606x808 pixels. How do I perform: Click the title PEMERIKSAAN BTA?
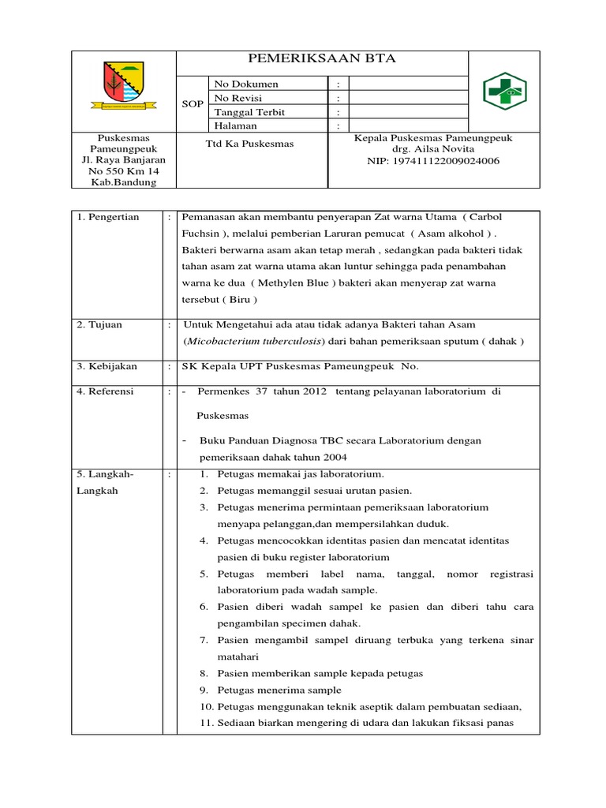[x=322, y=59]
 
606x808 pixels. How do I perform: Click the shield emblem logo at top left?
[x=123, y=87]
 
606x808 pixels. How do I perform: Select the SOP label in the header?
[x=193, y=105]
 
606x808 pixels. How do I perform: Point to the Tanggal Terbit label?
[x=249, y=112]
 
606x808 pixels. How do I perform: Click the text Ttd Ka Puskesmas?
[x=250, y=144]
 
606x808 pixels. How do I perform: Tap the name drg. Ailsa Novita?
[x=433, y=149]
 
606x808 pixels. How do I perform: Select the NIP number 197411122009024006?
[x=433, y=161]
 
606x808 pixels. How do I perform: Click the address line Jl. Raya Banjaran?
[x=123, y=159]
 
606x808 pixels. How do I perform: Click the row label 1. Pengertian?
[x=108, y=217]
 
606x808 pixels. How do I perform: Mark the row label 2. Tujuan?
[x=99, y=324]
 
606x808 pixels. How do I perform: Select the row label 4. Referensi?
[x=106, y=391]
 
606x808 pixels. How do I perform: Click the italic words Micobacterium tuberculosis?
[x=253, y=341]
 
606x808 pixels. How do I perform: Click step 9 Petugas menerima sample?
[x=270, y=690]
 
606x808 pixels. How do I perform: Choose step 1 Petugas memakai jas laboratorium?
[x=291, y=474]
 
